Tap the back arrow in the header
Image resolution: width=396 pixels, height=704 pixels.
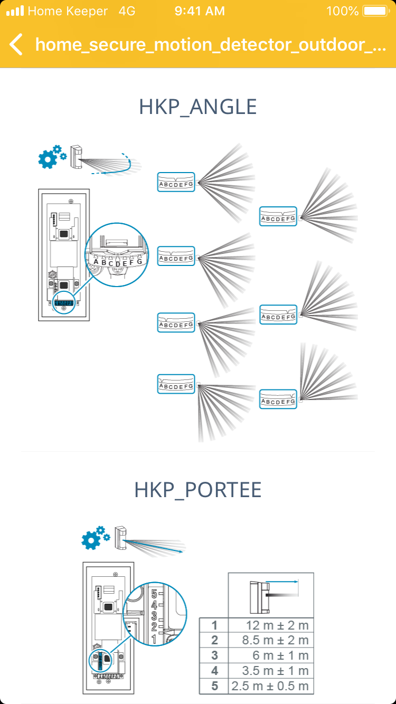(16, 44)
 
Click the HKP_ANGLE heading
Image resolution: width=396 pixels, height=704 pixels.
(198, 107)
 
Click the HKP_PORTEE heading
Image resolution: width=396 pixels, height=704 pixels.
(198, 490)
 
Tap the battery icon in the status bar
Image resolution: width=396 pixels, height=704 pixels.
(375, 11)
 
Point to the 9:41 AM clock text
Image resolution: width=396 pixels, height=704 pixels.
(200, 11)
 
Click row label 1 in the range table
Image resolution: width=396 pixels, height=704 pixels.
(214, 626)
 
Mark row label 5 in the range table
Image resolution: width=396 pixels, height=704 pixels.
(214, 687)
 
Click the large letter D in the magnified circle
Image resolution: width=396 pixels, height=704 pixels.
(118, 264)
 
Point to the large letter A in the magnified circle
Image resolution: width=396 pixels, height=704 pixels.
(96, 261)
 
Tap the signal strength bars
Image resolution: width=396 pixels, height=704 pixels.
(15, 11)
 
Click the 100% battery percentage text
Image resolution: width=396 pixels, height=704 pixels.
(342, 11)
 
